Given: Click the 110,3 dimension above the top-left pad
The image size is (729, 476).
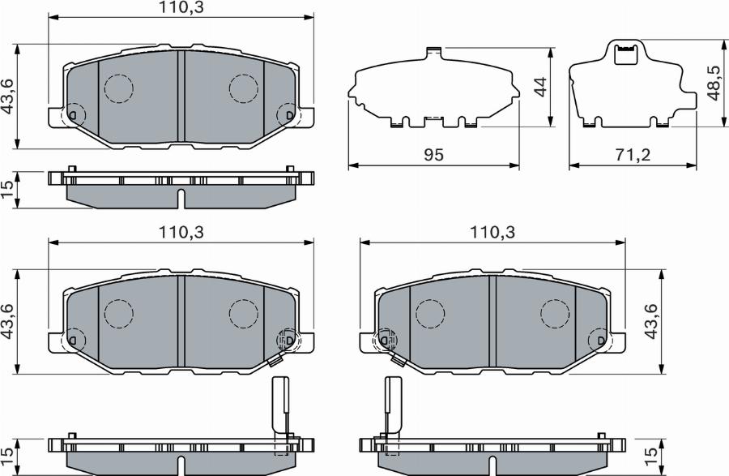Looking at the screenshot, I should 181,8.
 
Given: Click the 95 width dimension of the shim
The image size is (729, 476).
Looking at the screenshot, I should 433,154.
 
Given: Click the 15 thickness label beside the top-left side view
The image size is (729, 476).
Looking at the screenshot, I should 8,189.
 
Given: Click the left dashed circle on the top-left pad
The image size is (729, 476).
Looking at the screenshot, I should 119,88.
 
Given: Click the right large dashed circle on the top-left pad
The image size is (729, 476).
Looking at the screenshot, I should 243,88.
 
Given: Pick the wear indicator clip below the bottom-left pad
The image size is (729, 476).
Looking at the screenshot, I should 279,405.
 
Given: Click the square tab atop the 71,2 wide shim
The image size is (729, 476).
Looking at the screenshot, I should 626,54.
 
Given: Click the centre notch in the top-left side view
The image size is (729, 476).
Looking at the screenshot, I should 181,199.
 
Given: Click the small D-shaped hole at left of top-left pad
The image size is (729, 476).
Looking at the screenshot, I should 74,116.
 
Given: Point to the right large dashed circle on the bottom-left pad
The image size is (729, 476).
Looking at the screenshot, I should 243,314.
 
